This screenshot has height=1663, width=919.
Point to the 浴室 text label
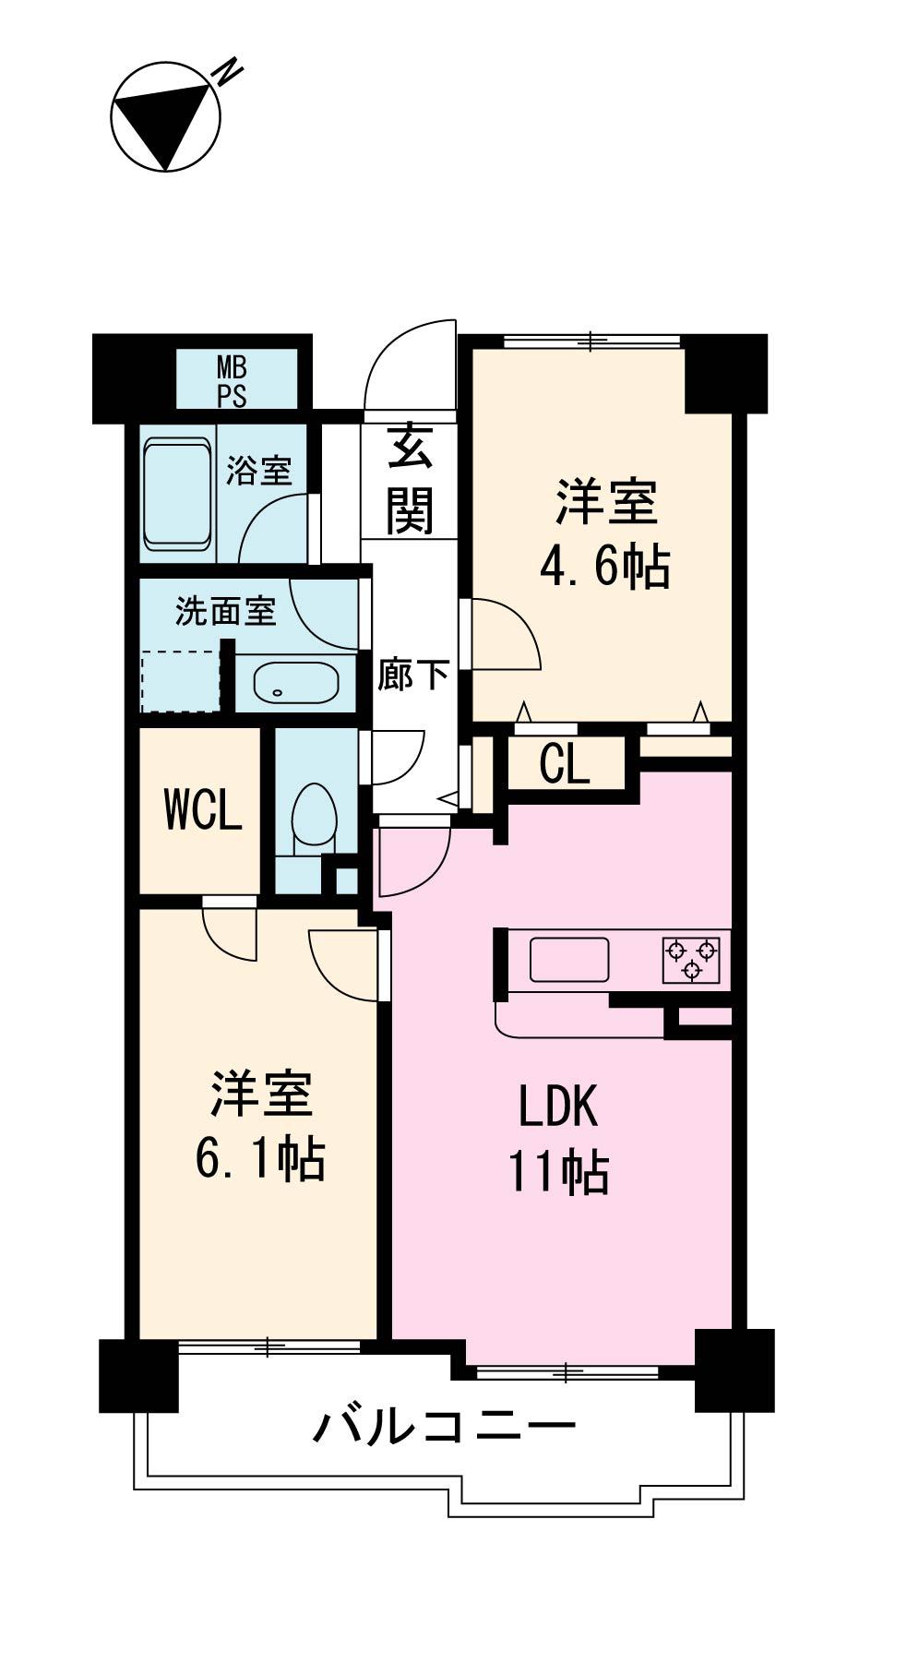pos(259,471)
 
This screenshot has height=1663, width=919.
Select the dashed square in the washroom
pos(181,681)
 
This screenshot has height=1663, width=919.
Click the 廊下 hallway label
pos(412,675)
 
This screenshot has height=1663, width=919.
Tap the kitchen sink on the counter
pos(568,960)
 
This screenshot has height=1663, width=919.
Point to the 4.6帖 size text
pos(604,566)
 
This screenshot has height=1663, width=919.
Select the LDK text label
pos(557,1106)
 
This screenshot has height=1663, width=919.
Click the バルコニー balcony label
pos(445,1426)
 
